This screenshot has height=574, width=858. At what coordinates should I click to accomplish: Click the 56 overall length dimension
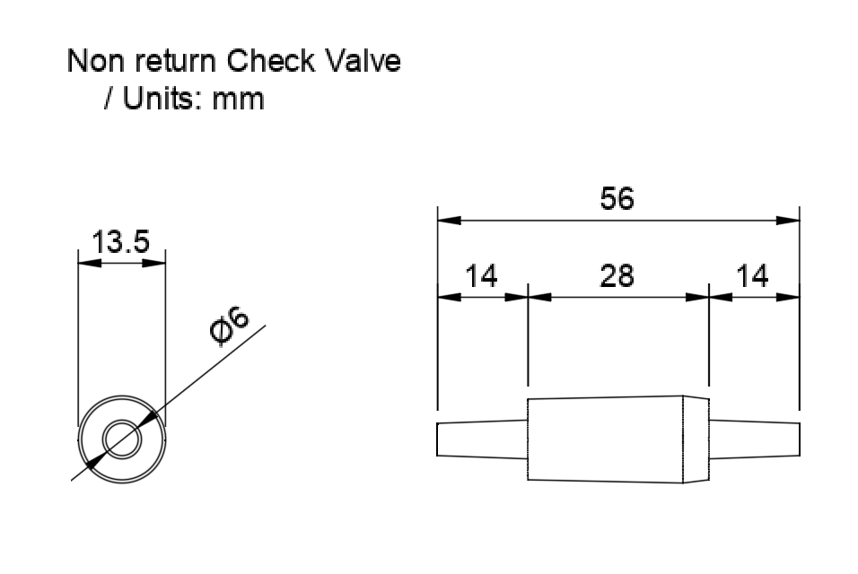tap(617, 198)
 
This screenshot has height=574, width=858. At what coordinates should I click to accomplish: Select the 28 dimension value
tap(617, 276)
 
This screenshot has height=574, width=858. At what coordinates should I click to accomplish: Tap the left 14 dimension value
tap(481, 276)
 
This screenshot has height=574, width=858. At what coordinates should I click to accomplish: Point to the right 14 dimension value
tap(752, 276)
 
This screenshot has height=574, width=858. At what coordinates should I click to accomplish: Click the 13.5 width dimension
tap(120, 242)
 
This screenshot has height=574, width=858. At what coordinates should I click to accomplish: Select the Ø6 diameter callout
tap(229, 326)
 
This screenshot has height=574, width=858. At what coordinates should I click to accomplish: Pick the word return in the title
tap(175, 62)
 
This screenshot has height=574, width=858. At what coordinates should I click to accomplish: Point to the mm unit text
tap(238, 101)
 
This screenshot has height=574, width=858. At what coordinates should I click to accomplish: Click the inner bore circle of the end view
tap(121, 421)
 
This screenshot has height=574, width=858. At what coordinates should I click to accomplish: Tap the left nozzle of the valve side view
tap(482, 439)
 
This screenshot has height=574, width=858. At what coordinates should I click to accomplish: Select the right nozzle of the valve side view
tap(755, 439)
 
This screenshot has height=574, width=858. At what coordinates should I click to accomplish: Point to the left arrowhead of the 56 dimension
tap(450, 221)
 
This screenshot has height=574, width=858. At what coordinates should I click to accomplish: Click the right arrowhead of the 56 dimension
tap(788, 221)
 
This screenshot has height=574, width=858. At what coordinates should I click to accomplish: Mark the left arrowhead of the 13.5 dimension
tap(90, 264)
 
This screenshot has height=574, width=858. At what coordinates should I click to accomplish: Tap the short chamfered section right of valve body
tap(696, 439)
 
